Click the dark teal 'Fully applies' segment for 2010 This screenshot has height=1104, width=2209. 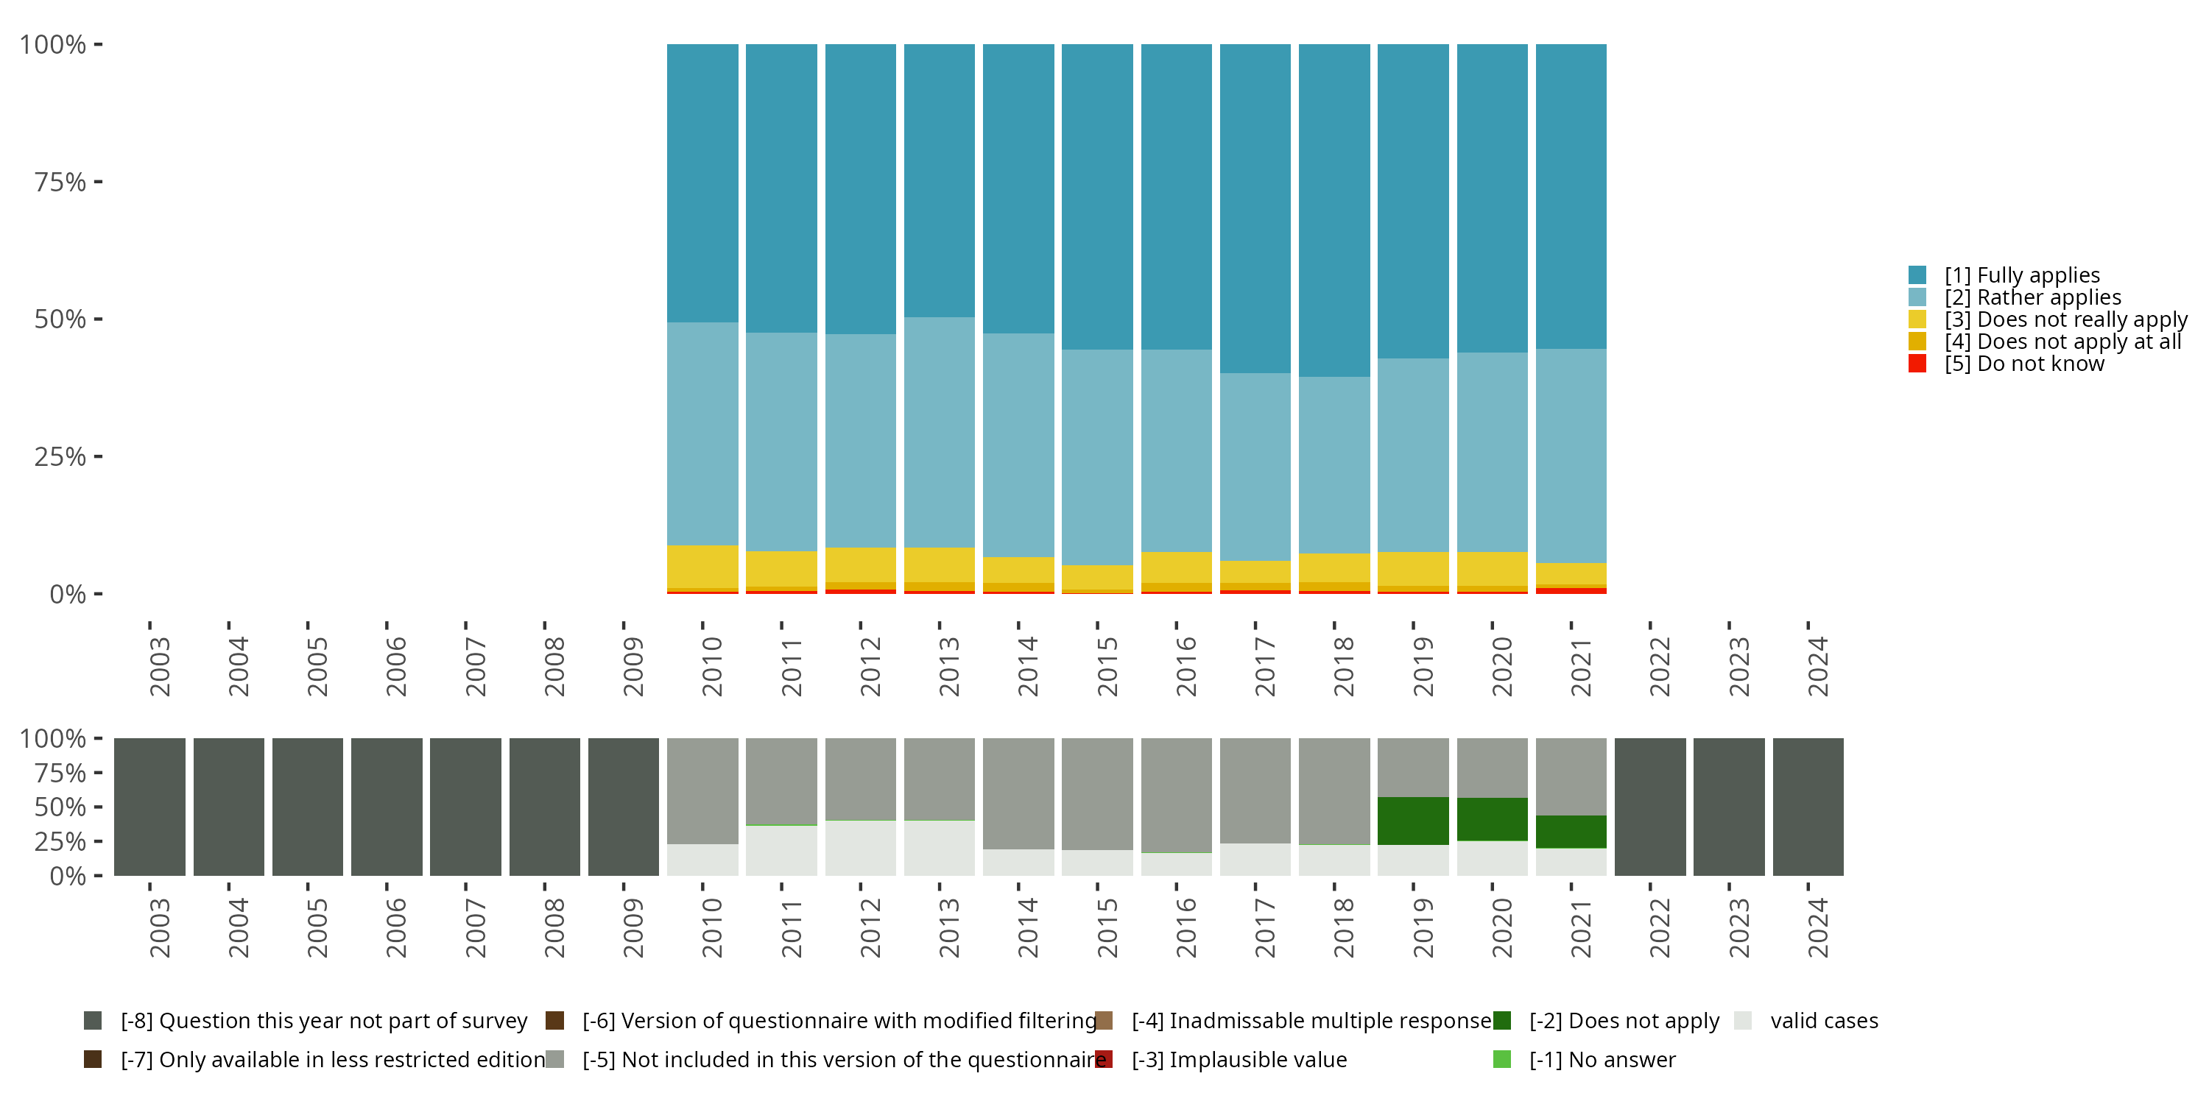point(702,183)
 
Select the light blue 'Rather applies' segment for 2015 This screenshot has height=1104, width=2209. point(1097,456)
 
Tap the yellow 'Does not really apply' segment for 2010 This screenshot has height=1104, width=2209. point(702,566)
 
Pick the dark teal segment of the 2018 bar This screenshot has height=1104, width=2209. point(1333,210)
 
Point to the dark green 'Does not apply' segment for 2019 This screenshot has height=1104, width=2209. point(1412,821)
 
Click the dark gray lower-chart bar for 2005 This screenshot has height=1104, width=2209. point(307,807)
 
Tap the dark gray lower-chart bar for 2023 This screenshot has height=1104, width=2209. point(1728,807)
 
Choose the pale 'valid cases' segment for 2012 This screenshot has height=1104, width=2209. point(860,848)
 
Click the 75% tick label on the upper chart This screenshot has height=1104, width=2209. point(60,183)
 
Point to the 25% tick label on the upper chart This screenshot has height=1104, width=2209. point(60,457)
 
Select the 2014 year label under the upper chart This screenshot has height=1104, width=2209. point(1027,666)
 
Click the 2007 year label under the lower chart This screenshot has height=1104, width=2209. point(475,927)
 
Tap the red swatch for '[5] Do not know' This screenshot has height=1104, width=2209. point(1917,364)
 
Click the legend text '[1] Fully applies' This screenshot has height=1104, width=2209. point(2022,275)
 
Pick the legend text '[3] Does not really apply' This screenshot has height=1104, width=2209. point(2065,319)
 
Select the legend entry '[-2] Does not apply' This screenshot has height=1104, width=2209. point(1624,1021)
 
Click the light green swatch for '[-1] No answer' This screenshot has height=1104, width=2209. point(1501,1059)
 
